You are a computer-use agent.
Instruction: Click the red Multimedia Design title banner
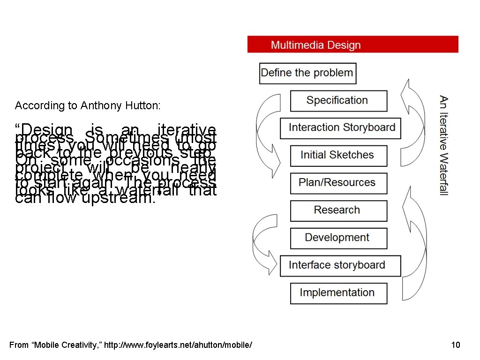click(352, 45)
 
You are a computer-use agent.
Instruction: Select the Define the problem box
click(307, 73)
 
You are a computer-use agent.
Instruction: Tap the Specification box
click(338, 101)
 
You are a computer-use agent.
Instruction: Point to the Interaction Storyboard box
click(340, 128)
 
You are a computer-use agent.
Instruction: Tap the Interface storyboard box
click(340, 266)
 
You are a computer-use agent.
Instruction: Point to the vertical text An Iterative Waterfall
click(443, 145)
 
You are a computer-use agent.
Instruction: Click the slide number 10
click(455, 345)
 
